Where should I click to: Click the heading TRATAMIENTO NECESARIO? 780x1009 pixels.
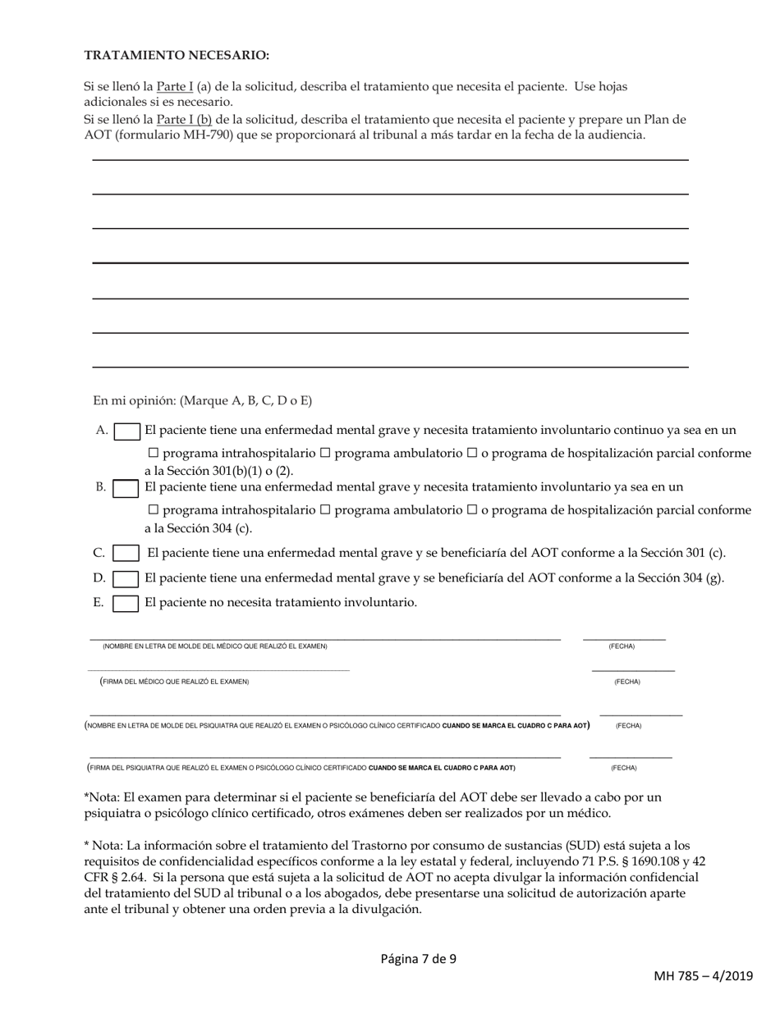point(177,55)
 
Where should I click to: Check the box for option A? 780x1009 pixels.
point(126,431)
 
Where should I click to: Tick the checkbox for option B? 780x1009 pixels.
point(126,488)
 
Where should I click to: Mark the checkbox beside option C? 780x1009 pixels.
point(126,554)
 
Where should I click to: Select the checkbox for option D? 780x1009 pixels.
point(126,578)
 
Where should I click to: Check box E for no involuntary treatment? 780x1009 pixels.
point(126,604)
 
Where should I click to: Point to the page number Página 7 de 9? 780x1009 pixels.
point(419,957)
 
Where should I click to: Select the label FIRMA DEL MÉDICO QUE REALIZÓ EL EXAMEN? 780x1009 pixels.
point(175,682)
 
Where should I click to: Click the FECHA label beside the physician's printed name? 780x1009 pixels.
point(622,646)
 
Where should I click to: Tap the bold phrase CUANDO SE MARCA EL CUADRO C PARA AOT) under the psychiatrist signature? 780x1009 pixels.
point(442,768)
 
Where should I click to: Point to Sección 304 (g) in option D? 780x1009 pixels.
point(684,578)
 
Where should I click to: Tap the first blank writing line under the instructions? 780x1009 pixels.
point(390,160)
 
